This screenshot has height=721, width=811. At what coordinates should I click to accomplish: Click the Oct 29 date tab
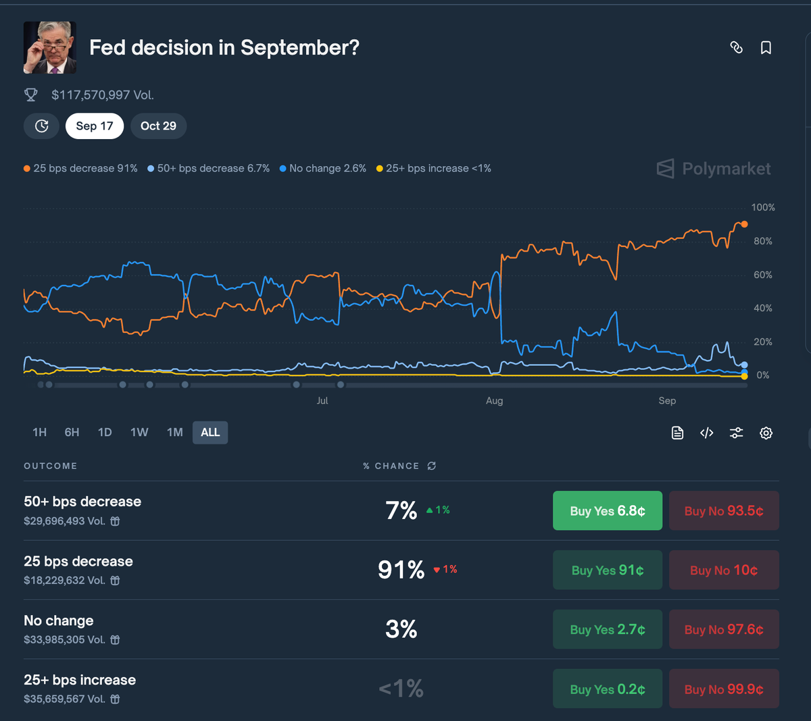coord(158,126)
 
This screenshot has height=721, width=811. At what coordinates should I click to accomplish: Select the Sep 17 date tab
coord(95,126)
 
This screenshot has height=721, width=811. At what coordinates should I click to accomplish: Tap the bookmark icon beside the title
coord(766,48)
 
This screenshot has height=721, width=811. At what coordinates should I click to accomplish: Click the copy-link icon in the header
coord(737,48)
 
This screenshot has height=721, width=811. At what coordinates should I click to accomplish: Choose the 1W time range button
coord(139,432)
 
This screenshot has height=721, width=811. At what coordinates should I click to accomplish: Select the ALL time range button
coord(210,432)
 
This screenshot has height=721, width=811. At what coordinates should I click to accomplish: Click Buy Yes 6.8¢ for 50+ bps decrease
coord(608,511)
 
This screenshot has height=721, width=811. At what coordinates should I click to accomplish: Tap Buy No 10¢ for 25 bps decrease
coord(724,570)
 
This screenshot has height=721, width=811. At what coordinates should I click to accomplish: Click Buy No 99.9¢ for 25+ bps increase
coord(724,689)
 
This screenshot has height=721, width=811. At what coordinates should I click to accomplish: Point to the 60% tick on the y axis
coord(763,275)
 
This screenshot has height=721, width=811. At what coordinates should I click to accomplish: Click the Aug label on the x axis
coord(494,401)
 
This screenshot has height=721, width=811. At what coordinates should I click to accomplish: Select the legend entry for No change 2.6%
coord(323,169)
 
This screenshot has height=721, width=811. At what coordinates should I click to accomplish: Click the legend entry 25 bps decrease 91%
coord(80,169)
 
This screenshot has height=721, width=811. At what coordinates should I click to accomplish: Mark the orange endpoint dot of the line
coord(744,224)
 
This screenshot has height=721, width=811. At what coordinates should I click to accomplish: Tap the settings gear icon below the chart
coord(766,433)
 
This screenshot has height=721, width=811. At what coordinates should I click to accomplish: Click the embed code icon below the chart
coord(707,433)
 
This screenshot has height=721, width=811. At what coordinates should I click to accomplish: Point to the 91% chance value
coord(401,570)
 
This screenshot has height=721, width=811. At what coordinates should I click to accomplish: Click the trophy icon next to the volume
coord(31,95)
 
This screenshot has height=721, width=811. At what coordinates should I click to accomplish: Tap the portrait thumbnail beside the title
coord(50,47)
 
